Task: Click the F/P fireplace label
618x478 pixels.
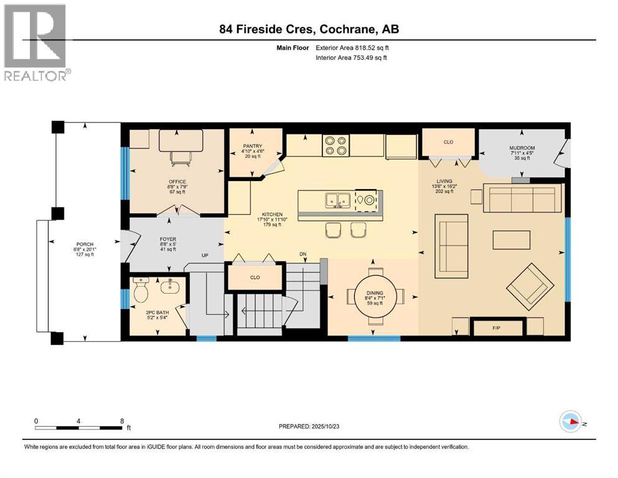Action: pos(497,326)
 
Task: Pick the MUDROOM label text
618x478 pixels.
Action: pos(522,148)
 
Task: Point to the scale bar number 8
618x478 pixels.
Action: pos(122,420)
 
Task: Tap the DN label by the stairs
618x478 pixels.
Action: pos(304,255)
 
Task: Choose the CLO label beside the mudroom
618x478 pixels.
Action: pos(448,142)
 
